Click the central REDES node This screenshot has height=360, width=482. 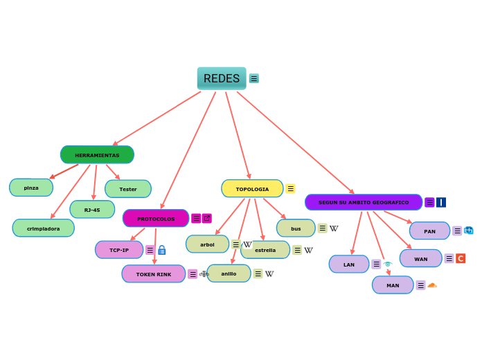pyautogui.click(x=222, y=78)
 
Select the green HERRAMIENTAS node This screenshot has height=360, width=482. pyautogui.click(x=97, y=155)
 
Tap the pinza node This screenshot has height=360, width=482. pyautogui.click(x=31, y=188)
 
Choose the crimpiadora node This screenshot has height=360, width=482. pyautogui.click(x=44, y=228)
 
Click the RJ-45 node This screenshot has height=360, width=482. pyautogui.click(x=92, y=210)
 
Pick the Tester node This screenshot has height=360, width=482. pyautogui.click(x=128, y=189)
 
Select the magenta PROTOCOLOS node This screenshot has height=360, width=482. pyautogui.click(x=156, y=219)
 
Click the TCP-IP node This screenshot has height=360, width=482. pyautogui.click(x=119, y=250)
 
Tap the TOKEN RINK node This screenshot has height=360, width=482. pyautogui.click(x=154, y=274)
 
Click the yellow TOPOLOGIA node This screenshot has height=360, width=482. pyautogui.click(x=252, y=189)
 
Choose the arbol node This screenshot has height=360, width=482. pyautogui.click(x=207, y=244)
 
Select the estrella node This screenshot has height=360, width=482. pyautogui.click(x=266, y=250)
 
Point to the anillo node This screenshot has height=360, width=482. pyautogui.click(x=229, y=273)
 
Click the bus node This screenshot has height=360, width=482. pyautogui.click(x=296, y=228)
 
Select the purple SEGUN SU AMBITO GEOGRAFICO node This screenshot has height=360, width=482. pyautogui.click(x=364, y=202)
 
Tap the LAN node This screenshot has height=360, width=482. pyautogui.click(x=349, y=264)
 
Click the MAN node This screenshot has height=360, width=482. pyautogui.click(x=393, y=285)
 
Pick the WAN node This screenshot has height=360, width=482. pyautogui.click(x=420, y=259)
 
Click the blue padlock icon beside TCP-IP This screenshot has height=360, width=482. pyautogui.click(x=162, y=250)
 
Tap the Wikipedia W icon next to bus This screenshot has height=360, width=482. pyautogui.click(x=334, y=228)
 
